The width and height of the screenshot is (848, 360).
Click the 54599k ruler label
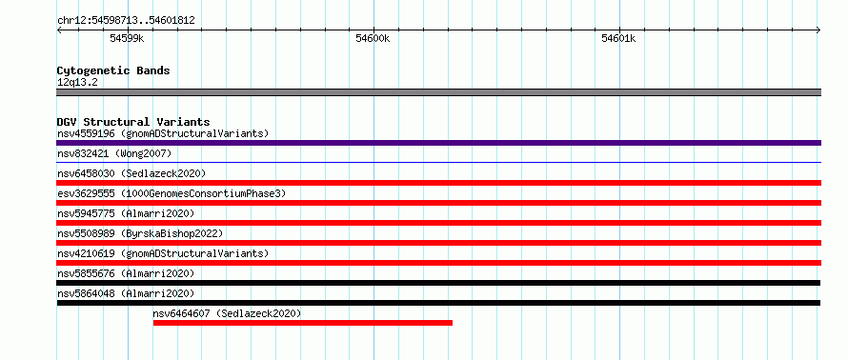point(127,38)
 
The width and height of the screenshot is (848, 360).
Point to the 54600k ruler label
point(373,38)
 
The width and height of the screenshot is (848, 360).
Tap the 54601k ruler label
point(618,38)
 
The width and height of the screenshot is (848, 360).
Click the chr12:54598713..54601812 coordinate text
point(126,21)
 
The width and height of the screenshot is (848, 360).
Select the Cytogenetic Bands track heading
point(113,70)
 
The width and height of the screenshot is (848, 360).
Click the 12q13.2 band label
point(77,82)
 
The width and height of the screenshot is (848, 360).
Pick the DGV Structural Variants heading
point(133,122)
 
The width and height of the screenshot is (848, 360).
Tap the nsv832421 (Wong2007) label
point(114,154)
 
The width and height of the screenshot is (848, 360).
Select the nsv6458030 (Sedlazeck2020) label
point(131,173)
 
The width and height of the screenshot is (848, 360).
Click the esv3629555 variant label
point(172,193)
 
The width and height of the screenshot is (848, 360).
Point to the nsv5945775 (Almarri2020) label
point(126,213)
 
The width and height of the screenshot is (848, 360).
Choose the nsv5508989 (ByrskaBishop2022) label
point(140,233)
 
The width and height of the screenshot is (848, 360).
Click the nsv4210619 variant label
point(163,253)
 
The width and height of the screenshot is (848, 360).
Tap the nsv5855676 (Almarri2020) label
point(126,273)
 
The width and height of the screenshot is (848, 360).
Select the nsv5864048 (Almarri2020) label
point(126,293)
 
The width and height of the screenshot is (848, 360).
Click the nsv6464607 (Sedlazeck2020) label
point(227,313)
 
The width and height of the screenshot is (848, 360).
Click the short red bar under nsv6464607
point(303,323)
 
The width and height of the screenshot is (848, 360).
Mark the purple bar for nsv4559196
point(438,143)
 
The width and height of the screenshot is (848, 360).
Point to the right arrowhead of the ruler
point(818,30)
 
